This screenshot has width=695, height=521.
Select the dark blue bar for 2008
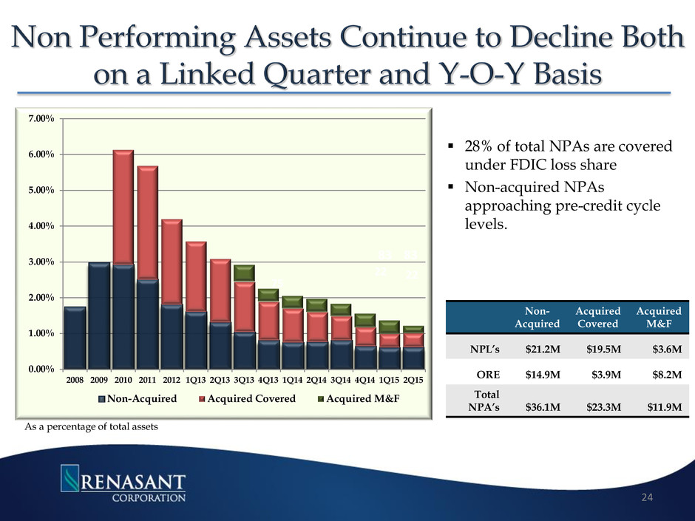(75, 338)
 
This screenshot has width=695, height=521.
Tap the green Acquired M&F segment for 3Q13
(244, 273)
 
